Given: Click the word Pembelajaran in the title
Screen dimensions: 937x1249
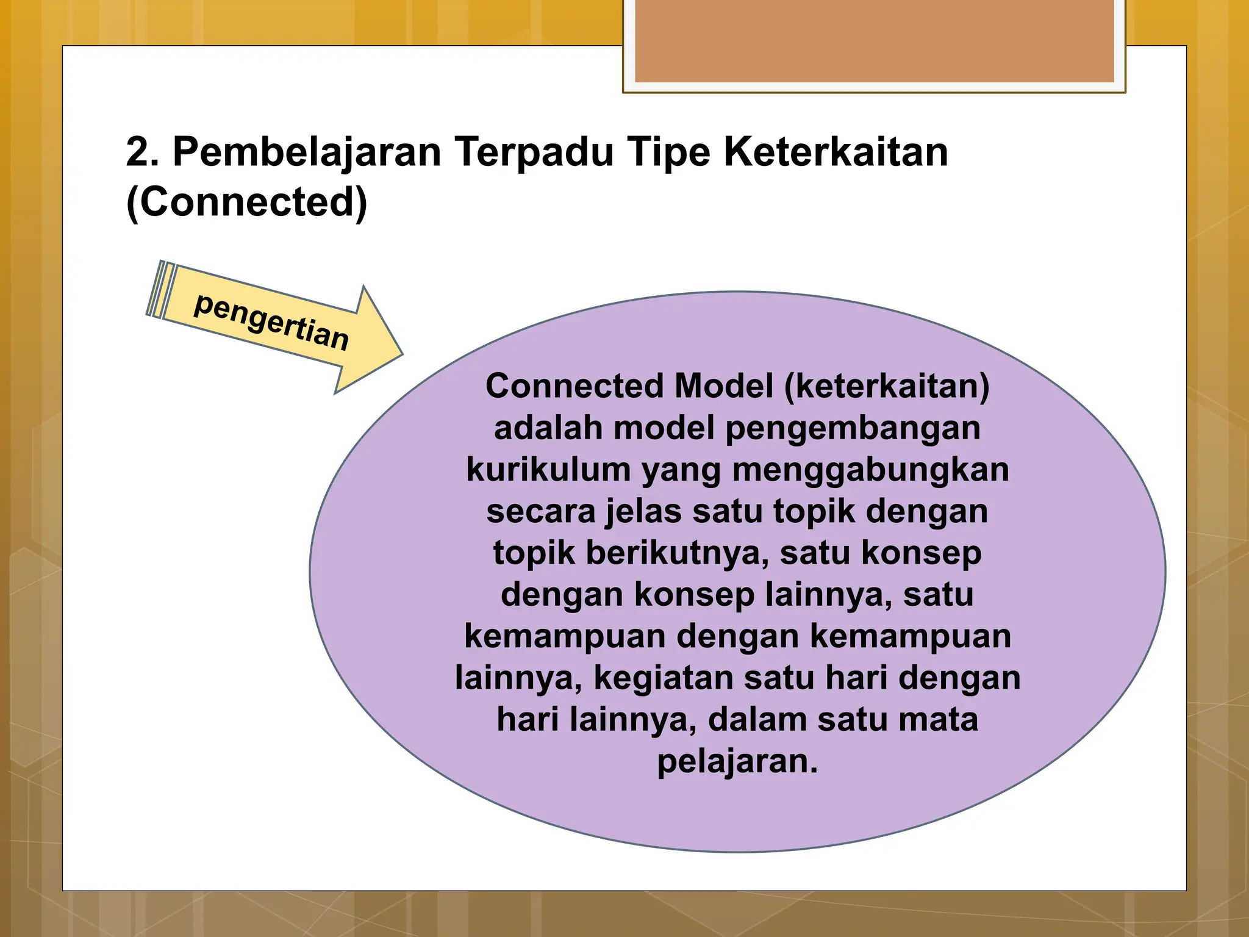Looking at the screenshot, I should (307, 152).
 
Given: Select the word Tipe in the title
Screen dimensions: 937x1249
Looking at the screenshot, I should (669, 152).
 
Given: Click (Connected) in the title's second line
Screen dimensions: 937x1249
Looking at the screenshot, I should (246, 203).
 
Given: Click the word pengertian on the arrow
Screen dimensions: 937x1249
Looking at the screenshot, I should (271, 321).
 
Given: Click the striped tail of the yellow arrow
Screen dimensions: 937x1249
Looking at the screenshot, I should (160, 290).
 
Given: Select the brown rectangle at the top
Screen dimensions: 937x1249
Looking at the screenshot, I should (874, 41).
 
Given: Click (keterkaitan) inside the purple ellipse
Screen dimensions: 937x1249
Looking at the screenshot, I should (887, 387).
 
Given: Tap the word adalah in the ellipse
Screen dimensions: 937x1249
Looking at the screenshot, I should (548, 428).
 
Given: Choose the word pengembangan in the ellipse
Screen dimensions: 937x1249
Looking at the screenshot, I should (853, 428).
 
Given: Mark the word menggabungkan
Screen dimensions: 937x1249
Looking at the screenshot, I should (870, 470).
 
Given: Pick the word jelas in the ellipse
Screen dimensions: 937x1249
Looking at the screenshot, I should (643, 511).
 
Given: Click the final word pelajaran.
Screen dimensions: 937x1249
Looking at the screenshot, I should (737, 761).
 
